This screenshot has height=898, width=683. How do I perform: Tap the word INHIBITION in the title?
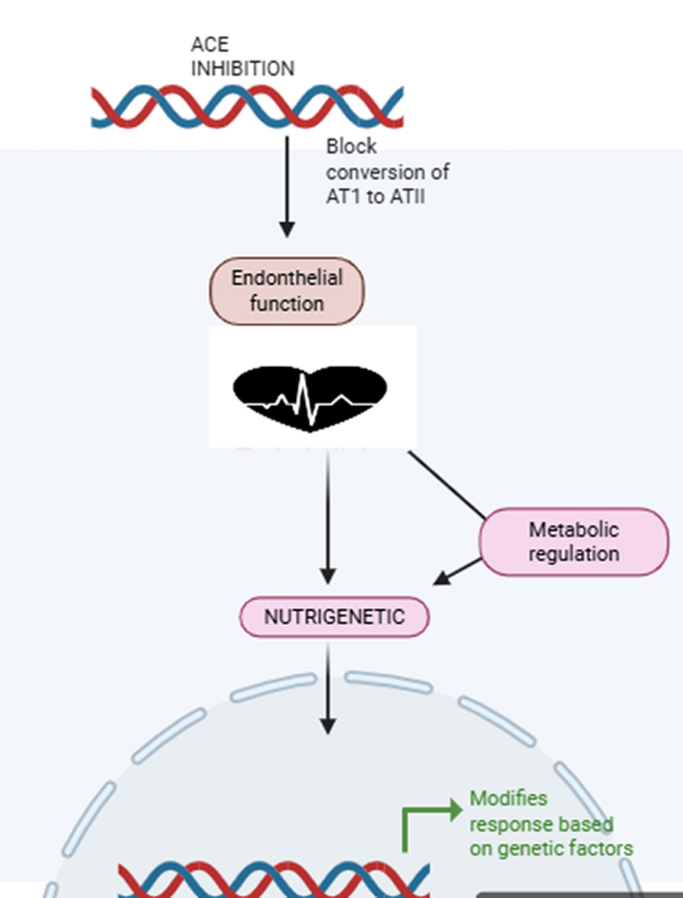[x=242, y=69]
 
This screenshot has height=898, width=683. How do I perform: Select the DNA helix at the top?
[x=247, y=108]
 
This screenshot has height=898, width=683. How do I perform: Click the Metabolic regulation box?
[x=573, y=541]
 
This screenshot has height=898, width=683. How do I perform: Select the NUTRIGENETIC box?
[x=334, y=617]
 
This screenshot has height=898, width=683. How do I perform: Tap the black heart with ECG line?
[x=310, y=396]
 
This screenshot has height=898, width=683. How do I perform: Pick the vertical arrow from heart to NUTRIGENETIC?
[x=328, y=518]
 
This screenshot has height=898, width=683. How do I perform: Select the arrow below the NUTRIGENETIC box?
[x=328, y=688]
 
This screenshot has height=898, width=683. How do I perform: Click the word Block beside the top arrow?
[x=351, y=147]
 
